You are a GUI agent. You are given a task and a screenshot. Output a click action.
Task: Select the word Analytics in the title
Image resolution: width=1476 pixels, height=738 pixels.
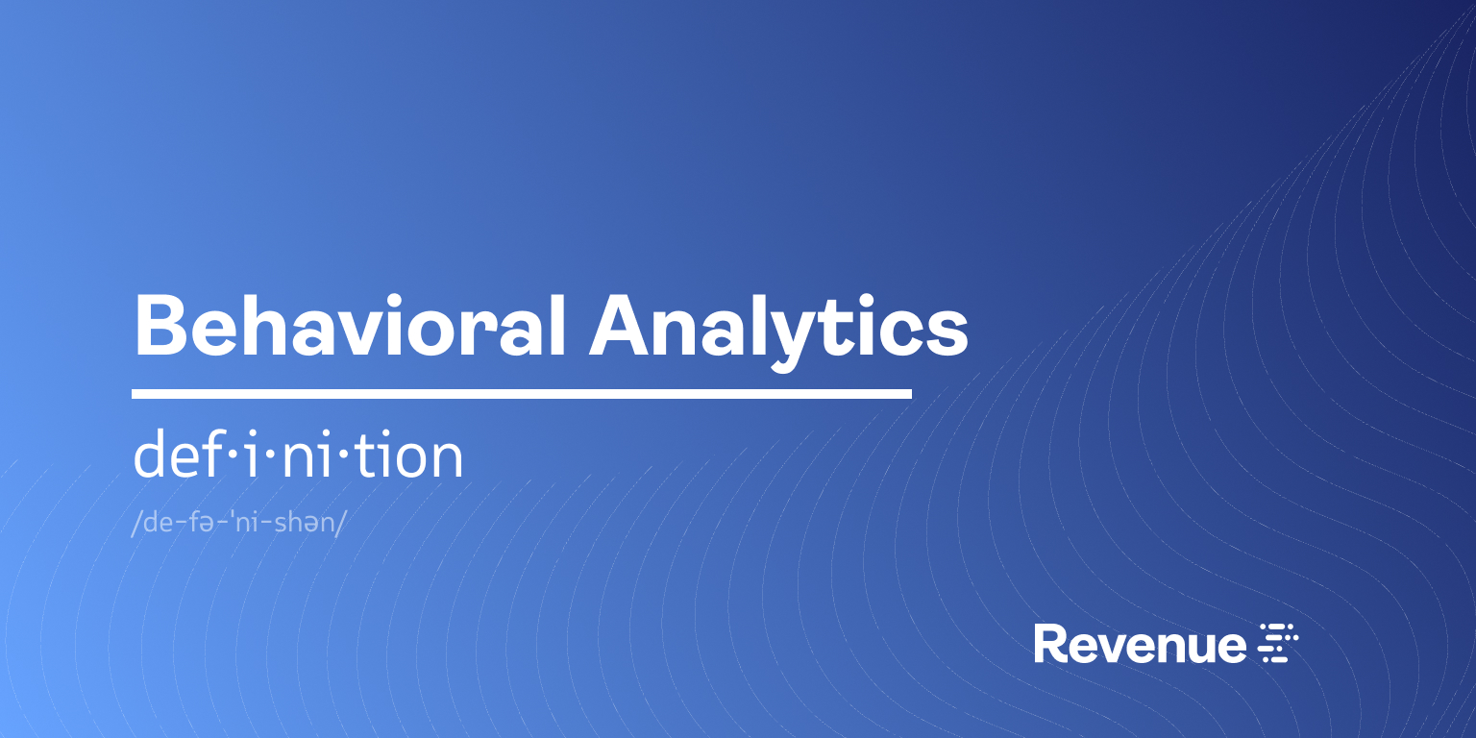coord(779,327)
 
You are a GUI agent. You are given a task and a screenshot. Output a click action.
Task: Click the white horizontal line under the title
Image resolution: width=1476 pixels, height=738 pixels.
coord(521,394)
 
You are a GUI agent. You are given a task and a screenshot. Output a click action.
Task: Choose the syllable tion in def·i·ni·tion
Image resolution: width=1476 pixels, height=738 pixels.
coord(413,456)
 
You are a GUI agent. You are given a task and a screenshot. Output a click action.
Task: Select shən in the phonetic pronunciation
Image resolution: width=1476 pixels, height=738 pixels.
coord(304,524)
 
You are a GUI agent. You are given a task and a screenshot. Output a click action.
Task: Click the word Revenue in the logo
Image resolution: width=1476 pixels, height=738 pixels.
coord(1139,644)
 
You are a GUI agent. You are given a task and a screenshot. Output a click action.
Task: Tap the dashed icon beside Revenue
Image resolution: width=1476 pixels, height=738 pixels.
coord(1279,643)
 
